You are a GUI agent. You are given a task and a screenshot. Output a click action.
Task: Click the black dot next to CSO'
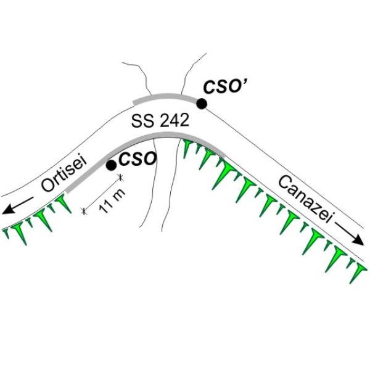click(201, 104)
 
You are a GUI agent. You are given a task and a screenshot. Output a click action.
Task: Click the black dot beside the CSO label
click(111, 165)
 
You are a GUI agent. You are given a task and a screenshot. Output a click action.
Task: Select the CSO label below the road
click(137, 160)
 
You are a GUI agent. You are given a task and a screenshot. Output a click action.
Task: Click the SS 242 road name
click(160, 121)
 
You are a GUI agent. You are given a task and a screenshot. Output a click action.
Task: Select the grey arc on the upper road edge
click(166, 96)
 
